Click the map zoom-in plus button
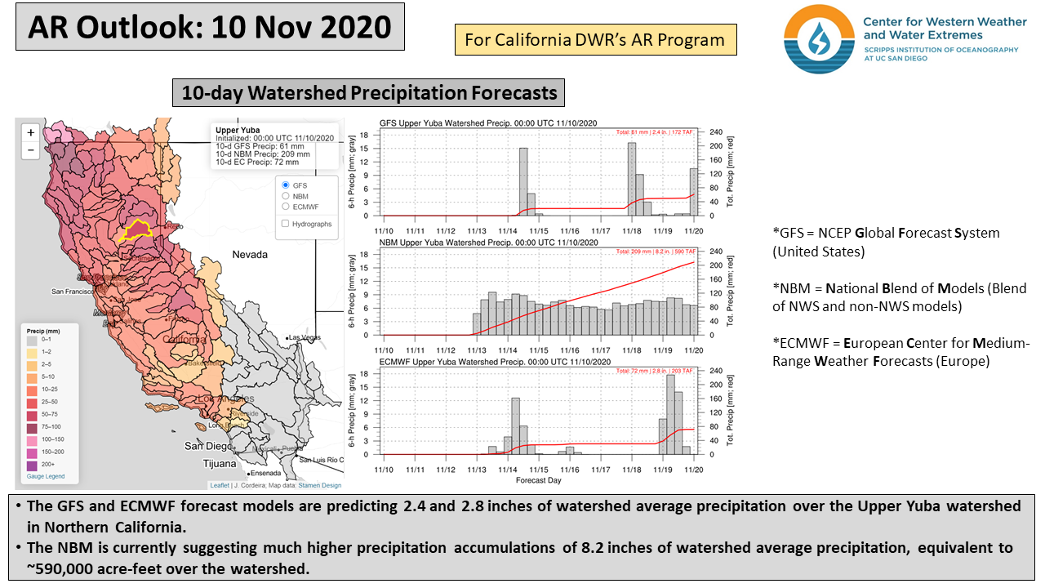31,132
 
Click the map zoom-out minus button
31,150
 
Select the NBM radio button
285,196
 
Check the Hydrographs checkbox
285,223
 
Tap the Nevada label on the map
249,255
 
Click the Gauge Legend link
46,476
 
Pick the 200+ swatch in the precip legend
33,464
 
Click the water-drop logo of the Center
818,38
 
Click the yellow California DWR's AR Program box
595,39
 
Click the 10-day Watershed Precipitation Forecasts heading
369,93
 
